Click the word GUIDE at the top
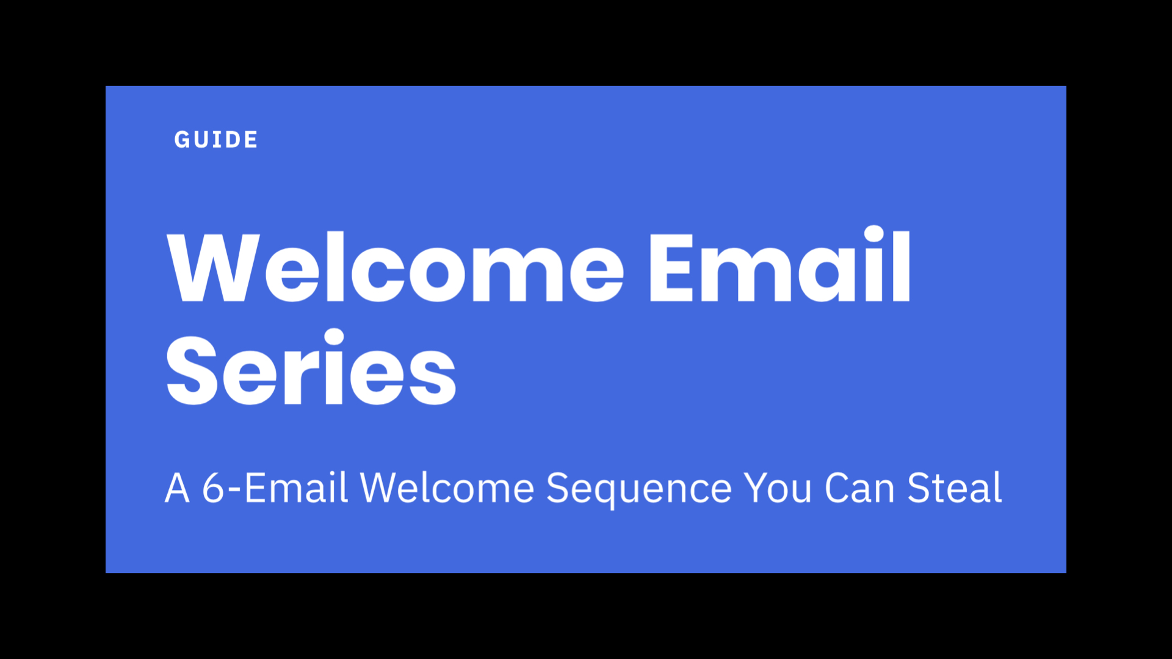[215, 140]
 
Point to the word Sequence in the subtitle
[638, 489]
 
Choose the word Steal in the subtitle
[955, 488]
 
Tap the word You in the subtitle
[778, 488]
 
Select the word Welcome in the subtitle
[447, 488]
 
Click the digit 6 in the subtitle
[214, 488]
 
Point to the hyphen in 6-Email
[235, 491]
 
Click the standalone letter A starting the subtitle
[178, 488]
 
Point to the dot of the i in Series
[334, 339]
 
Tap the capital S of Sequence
[557, 488]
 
